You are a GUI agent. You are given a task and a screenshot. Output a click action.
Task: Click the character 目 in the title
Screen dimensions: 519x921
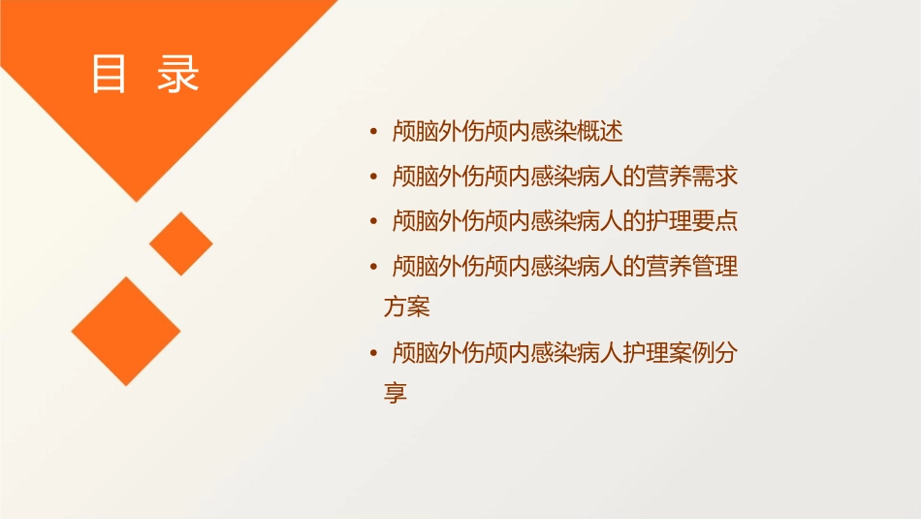pos(109,74)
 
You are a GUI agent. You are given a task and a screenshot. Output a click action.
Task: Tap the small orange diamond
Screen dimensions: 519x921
pos(180,243)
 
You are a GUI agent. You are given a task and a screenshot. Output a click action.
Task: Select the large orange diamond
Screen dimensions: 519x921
pos(125,331)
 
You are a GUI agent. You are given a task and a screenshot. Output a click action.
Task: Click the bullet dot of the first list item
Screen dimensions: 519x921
pos(374,131)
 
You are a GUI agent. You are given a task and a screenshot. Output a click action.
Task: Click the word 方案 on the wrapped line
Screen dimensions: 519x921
pos(407,308)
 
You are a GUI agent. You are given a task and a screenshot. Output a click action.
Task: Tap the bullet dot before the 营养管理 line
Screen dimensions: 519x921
pos(374,266)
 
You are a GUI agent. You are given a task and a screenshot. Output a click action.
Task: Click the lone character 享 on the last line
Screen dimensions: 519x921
pos(396,394)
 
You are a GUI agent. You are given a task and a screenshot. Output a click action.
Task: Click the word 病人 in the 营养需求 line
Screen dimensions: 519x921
pos(601,176)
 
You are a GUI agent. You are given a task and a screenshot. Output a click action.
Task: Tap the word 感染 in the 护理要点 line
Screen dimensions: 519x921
pos(556,220)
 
